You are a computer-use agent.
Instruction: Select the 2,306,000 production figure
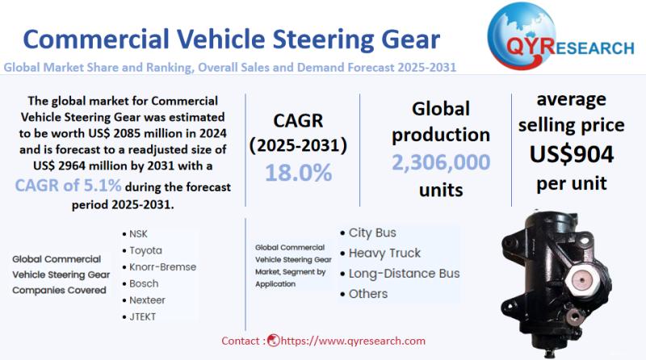click(441, 162)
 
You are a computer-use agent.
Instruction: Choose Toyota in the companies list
click(145, 250)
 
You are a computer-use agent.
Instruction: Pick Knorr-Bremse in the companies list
click(162, 266)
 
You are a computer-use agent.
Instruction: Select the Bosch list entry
click(144, 283)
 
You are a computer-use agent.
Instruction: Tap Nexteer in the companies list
click(149, 299)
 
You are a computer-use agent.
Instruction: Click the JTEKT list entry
click(143, 316)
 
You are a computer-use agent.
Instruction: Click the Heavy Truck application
click(384, 253)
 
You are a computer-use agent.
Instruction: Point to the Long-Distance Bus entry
click(404, 274)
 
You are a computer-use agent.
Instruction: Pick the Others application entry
click(368, 294)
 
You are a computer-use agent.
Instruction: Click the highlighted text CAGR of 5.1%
click(69, 185)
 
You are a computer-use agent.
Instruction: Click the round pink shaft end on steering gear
click(579, 282)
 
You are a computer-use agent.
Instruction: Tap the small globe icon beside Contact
click(273, 341)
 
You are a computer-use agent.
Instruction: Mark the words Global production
click(441, 121)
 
